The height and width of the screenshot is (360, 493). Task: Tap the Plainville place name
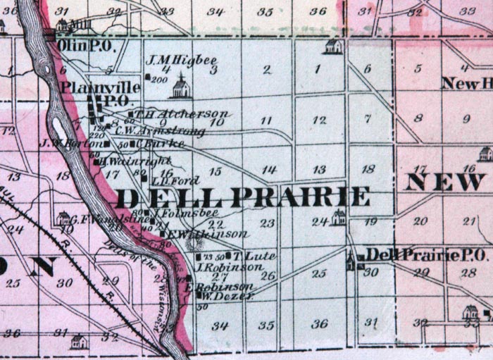101,87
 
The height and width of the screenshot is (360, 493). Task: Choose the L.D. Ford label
169,180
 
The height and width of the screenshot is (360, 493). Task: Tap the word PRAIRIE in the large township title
300,197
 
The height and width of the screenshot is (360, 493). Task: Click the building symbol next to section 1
333,46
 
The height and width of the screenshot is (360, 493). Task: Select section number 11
266,121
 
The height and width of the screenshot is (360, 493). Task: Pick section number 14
268,170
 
